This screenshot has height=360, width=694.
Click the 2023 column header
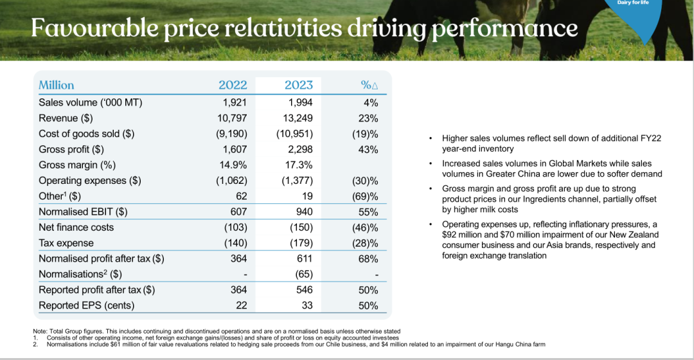(299, 85)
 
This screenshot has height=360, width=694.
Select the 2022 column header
(233, 85)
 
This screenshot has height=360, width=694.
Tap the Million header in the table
(57, 85)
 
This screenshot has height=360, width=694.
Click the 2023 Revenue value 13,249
(299, 118)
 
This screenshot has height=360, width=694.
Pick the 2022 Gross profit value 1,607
(234, 149)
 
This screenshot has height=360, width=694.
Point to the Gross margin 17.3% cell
(299, 165)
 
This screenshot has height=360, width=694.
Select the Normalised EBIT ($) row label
(83, 212)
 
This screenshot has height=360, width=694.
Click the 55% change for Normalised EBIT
(368, 212)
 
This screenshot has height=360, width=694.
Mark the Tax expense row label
(66, 243)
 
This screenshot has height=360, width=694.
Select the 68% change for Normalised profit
(368, 258)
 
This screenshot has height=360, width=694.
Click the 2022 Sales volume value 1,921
(234, 102)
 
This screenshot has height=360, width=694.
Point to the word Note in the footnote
(40, 331)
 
